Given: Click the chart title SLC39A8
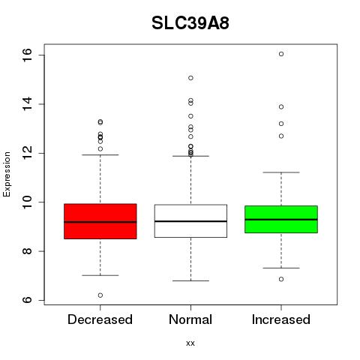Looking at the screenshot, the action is [x=190, y=23].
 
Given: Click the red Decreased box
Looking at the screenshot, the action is [x=100, y=221].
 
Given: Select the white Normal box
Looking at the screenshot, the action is [x=190, y=221].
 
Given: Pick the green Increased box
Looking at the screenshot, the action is [x=281, y=219].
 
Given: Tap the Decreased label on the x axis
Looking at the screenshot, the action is [x=100, y=319].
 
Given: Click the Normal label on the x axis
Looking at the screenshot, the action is [x=190, y=319].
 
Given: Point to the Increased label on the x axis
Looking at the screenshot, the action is [x=281, y=319].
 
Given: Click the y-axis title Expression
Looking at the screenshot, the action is [x=7, y=174].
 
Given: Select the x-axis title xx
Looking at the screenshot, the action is [x=190, y=343].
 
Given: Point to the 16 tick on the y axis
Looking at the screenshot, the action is [x=27, y=55].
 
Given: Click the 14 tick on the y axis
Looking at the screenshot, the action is [x=27, y=104].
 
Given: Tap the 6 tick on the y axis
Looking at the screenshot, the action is [x=27, y=300].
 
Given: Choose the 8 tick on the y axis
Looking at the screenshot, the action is [x=27, y=251].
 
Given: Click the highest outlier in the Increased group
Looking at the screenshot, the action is [x=281, y=54].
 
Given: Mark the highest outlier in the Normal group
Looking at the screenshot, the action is [x=190, y=78].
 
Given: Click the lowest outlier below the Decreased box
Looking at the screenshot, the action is [x=100, y=295].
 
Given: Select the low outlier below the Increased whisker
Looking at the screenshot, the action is [x=281, y=279].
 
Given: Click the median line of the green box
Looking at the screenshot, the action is [x=281, y=220].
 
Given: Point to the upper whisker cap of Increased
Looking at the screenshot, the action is [x=281, y=172].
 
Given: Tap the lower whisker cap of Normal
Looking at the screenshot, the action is [x=190, y=280].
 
